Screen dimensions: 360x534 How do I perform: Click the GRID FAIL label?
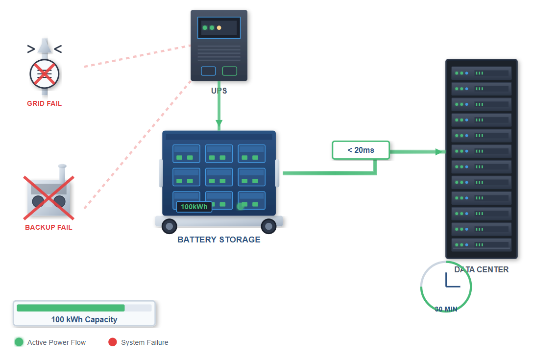[x=44, y=103]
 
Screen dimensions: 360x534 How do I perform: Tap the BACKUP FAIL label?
[x=49, y=227]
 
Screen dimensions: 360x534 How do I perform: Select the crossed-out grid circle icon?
[x=44, y=74]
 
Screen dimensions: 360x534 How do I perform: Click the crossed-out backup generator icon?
[x=49, y=198]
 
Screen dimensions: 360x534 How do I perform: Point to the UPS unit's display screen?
[x=218, y=28]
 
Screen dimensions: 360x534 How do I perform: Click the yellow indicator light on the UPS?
[x=219, y=28]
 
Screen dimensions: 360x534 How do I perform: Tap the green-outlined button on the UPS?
[x=229, y=71]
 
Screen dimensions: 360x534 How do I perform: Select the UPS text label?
[x=219, y=91]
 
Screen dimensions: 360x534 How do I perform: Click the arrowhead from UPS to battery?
[x=219, y=122]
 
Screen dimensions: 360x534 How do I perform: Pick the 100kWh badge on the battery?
[x=194, y=207]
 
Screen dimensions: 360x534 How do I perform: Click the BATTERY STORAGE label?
[x=219, y=240]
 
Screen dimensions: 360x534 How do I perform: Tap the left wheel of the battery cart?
[x=169, y=226]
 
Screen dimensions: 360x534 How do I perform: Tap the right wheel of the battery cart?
[x=268, y=226]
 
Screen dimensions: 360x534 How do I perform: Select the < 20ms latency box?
[x=361, y=150]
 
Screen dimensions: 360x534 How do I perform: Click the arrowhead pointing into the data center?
[x=438, y=152]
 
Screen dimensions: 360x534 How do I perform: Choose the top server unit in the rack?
[x=481, y=73]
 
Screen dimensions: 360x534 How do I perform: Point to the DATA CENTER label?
[x=481, y=269]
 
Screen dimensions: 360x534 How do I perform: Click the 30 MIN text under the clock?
[x=446, y=309]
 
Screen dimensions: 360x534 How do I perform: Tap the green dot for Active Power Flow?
[x=19, y=342]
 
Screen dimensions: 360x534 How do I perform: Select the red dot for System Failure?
[x=113, y=342]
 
